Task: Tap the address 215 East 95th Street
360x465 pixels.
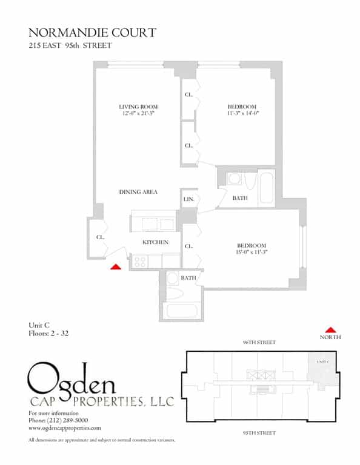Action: pyautogui.click(x=70, y=45)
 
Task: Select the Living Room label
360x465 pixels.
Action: pyautogui.click(x=138, y=107)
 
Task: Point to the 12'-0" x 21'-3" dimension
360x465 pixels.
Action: pyautogui.click(x=138, y=114)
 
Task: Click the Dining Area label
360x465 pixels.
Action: pyautogui.click(x=138, y=192)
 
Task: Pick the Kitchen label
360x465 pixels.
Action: pyautogui.click(x=155, y=242)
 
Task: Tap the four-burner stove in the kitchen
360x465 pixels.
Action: pyautogui.click(x=140, y=262)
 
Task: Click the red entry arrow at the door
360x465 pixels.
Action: pyautogui.click(x=116, y=265)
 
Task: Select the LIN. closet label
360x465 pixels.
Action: pyautogui.click(x=188, y=199)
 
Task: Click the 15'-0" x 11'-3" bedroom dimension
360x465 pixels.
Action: pyautogui.click(x=252, y=252)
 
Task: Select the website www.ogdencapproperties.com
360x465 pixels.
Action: pyautogui.click(x=65, y=427)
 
